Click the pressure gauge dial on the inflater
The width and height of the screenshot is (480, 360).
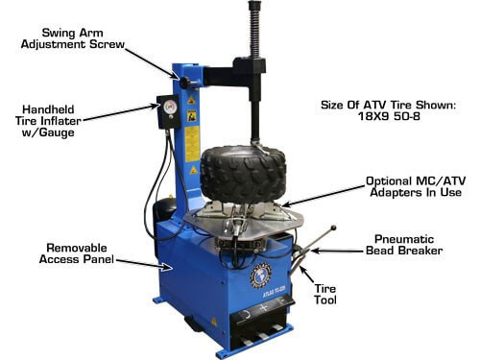click(x=170, y=107)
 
